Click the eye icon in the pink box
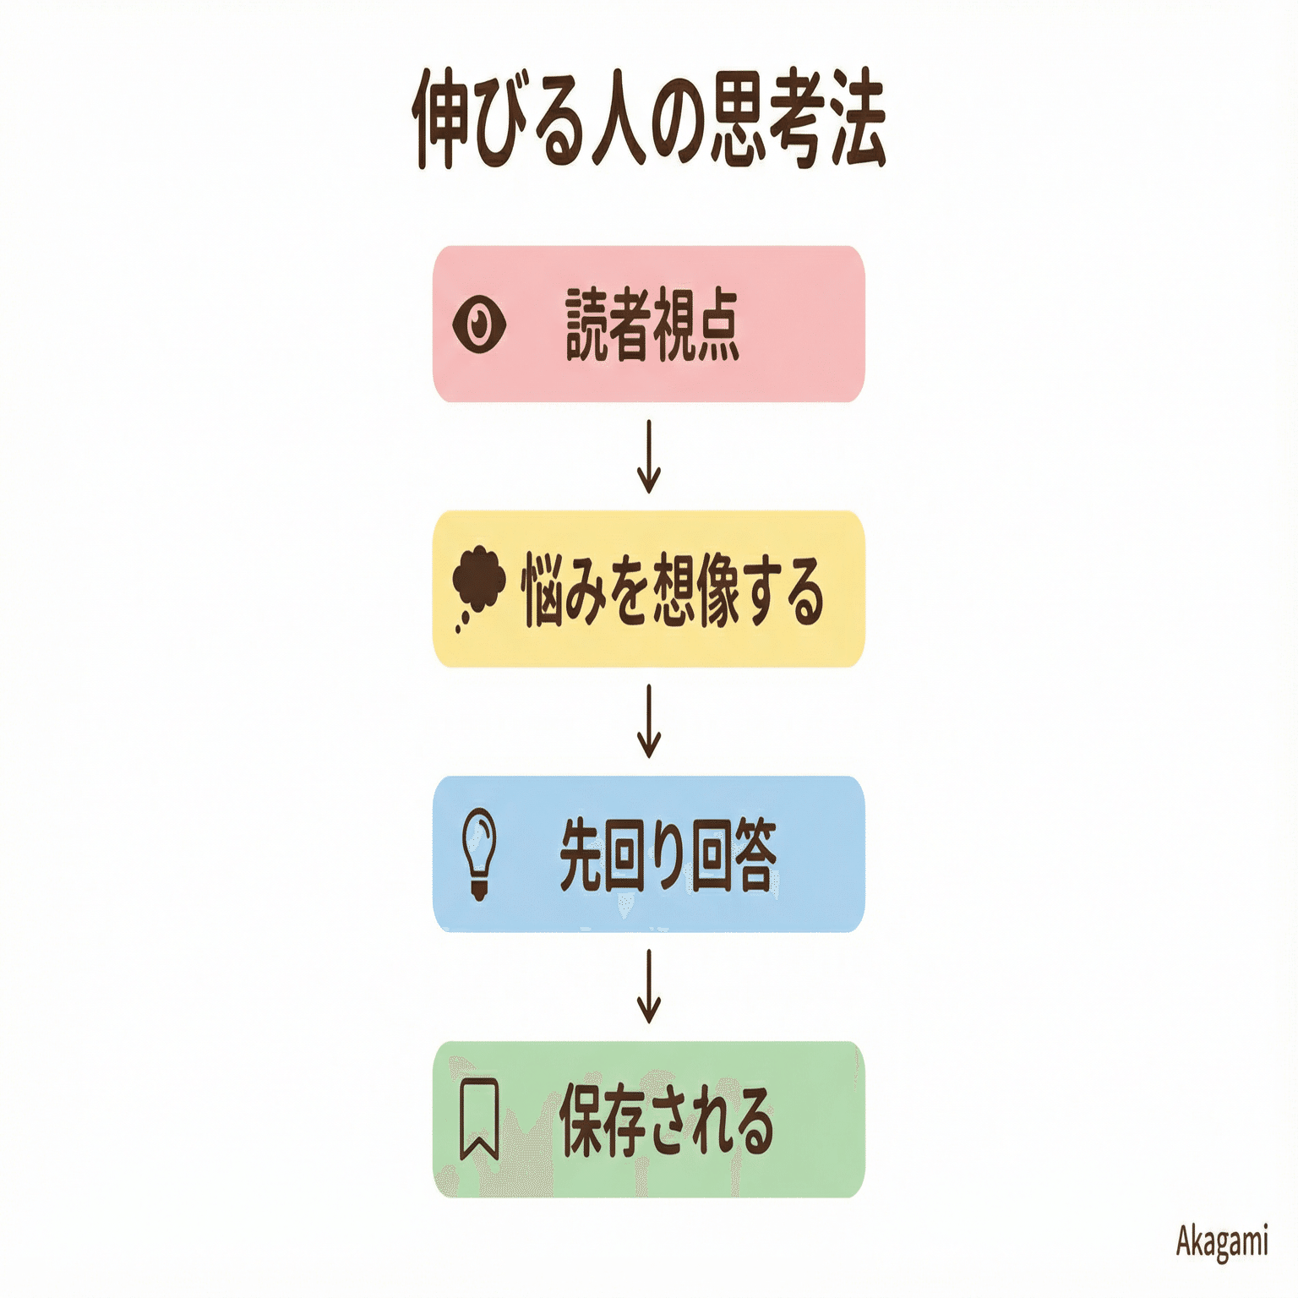tap(479, 324)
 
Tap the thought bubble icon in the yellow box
tap(478, 583)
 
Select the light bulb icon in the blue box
tap(478, 852)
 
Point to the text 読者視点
tap(652, 325)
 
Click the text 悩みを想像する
tap(672, 590)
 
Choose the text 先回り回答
tap(668, 854)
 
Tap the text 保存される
tap(666, 1120)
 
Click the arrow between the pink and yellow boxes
tap(648, 456)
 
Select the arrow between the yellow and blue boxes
tap(648, 721)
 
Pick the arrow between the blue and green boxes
tap(648, 985)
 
